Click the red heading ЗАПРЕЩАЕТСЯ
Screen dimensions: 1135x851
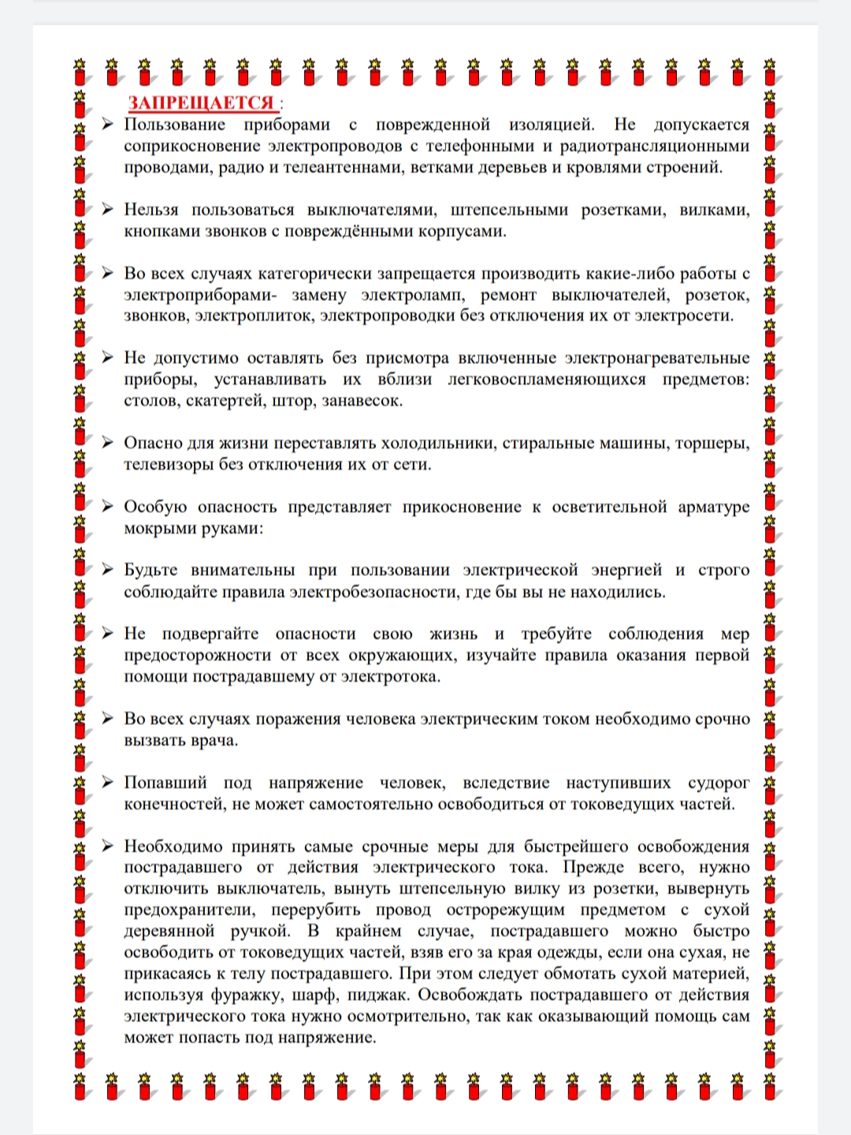[x=202, y=103]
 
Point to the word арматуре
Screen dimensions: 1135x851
[x=714, y=507]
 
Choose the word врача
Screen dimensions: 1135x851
[x=214, y=740]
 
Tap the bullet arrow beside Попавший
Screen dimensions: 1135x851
[x=107, y=782]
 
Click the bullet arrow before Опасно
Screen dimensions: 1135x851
[x=107, y=442]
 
